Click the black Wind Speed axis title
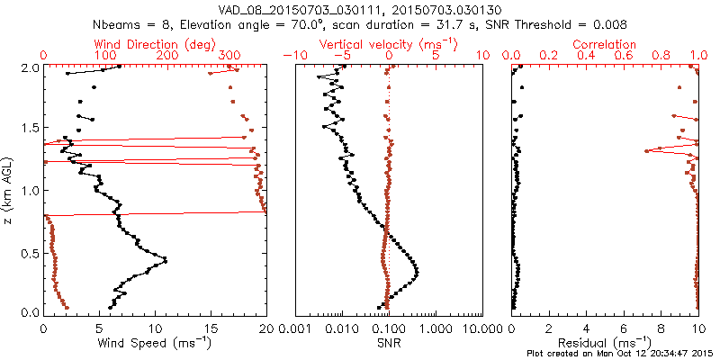tap(156, 343)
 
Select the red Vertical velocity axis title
tap(389, 44)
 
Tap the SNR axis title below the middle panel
tap(388, 343)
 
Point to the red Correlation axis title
tap(605, 44)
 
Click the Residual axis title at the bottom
tap(605, 343)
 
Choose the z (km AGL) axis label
tap(10, 189)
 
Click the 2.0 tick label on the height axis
tap(29, 67)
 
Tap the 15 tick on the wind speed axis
tap(211, 329)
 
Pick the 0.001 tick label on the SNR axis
tap(295, 329)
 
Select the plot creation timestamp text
tap(620, 354)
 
